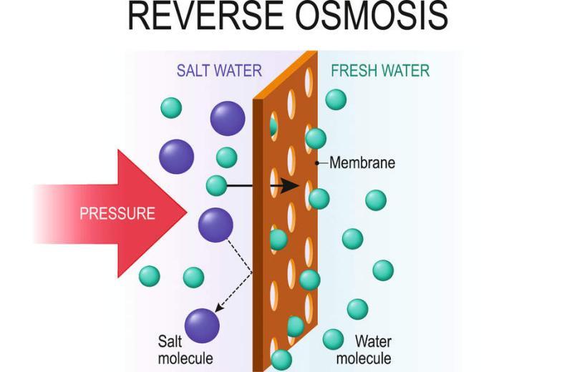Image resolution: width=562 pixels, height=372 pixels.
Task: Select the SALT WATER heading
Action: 219,71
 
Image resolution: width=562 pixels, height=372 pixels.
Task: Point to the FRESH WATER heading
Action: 380,71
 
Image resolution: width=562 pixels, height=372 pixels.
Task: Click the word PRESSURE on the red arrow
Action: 117,213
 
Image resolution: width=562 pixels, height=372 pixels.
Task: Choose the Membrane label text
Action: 362,163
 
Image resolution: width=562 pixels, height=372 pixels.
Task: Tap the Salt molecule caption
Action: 185,349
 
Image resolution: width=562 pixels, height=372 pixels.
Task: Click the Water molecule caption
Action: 364,349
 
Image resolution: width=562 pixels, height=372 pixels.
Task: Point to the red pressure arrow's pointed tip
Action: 186,212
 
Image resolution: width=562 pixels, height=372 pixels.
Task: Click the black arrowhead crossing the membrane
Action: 290,185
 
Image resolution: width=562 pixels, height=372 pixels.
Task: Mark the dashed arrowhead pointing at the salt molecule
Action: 218,308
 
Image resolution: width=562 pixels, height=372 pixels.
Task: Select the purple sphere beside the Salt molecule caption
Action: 202,325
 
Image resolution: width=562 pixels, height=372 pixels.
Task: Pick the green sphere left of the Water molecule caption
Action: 334,339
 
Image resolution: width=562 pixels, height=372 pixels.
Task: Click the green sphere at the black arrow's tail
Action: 216,185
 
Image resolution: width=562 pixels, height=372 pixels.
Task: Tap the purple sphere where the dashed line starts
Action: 215,225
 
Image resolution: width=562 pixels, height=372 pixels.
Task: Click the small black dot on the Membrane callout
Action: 317,163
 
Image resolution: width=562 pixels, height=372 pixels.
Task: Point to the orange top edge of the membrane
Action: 286,75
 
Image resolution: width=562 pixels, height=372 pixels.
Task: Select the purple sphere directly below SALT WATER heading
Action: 228,119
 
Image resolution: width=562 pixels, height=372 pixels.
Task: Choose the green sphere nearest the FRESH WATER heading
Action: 336,99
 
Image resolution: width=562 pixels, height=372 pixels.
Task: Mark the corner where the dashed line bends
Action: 252,273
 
